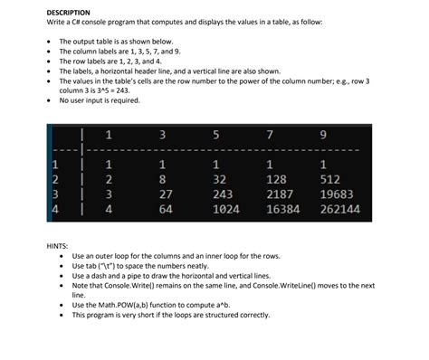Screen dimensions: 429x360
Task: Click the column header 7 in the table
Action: point(271,136)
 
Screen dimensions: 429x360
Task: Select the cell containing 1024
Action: point(224,209)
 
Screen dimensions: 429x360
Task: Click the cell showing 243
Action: point(221,194)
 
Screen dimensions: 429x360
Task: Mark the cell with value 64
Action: point(164,209)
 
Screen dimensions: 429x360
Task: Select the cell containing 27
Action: point(164,194)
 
